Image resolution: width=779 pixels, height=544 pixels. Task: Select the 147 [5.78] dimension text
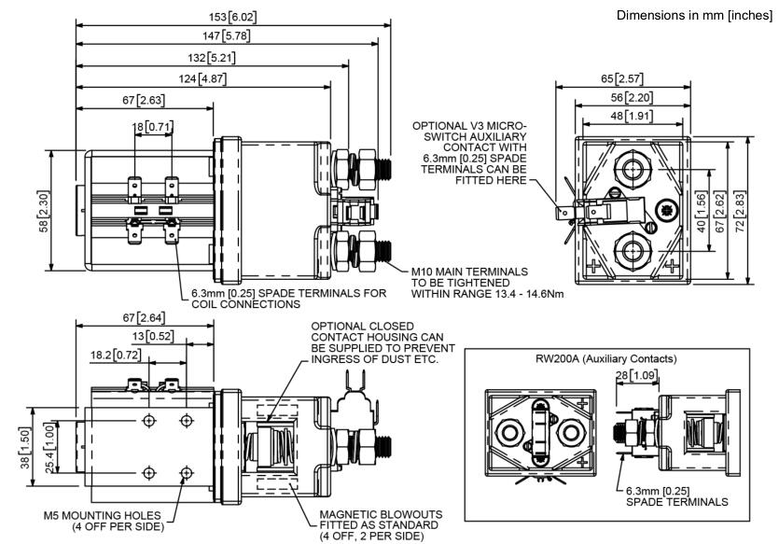coord(228,36)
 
